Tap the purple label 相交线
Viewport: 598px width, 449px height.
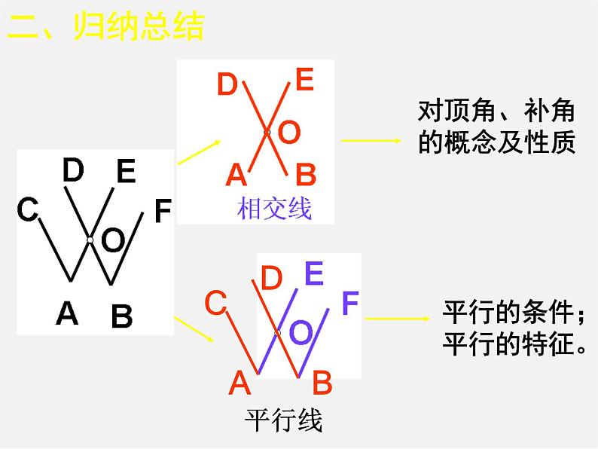(x=274, y=209)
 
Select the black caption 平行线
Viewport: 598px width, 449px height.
(x=284, y=421)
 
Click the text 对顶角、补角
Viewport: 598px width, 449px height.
(x=496, y=112)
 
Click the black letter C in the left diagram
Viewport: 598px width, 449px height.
(x=28, y=210)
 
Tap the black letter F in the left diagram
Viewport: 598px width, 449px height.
(x=162, y=212)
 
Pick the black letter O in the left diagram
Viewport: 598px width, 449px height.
(x=112, y=242)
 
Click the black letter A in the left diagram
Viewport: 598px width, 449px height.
(x=67, y=313)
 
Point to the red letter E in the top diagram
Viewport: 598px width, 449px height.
(x=304, y=80)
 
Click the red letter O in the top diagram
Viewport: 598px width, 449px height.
(x=288, y=133)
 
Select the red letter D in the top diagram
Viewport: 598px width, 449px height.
(x=227, y=84)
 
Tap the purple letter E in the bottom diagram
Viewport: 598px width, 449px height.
(x=314, y=273)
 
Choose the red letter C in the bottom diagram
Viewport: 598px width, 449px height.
(x=215, y=304)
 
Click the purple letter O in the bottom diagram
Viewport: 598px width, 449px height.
(x=301, y=332)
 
